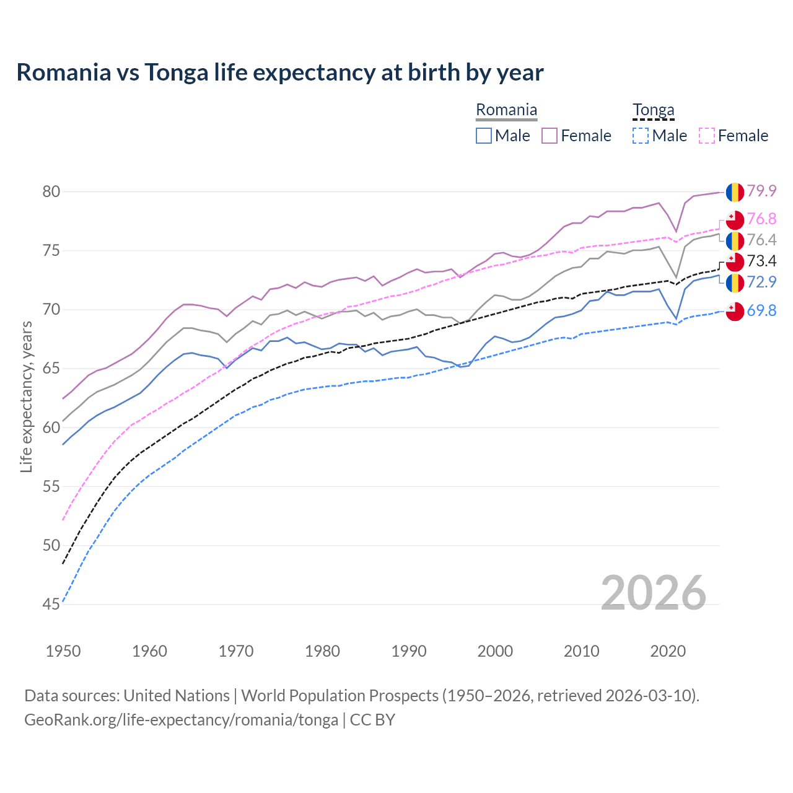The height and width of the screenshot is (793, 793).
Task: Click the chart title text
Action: (x=280, y=72)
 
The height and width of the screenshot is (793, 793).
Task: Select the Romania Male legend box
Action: (x=484, y=136)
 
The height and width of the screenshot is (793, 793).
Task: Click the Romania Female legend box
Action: (x=550, y=136)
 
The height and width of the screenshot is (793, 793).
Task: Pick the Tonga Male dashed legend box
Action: (x=641, y=136)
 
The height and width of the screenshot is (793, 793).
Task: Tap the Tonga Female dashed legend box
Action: (x=707, y=136)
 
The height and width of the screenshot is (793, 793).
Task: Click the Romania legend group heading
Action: (x=506, y=110)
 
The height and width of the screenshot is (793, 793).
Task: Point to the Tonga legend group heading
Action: (x=653, y=110)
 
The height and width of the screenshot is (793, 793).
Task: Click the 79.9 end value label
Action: (x=761, y=191)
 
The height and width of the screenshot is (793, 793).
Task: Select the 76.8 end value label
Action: (x=761, y=219)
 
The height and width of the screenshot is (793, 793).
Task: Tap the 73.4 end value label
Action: (x=761, y=261)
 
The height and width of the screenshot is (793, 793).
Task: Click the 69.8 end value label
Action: (x=761, y=310)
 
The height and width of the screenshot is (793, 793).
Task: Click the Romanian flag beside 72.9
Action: (x=735, y=283)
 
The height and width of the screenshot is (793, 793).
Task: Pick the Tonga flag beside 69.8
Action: (x=735, y=311)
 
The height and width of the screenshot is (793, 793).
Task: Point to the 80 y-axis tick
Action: (x=51, y=191)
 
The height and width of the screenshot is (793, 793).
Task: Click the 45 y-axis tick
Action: (x=51, y=604)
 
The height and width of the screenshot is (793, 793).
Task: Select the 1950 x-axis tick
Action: (x=63, y=651)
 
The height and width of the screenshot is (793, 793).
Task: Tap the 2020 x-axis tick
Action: (x=668, y=651)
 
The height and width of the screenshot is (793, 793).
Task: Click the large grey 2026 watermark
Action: (x=654, y=593)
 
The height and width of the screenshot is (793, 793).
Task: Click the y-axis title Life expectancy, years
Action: (x=26, y=396)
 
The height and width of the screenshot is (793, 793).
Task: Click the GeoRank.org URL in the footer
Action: (x=181, y=720)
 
